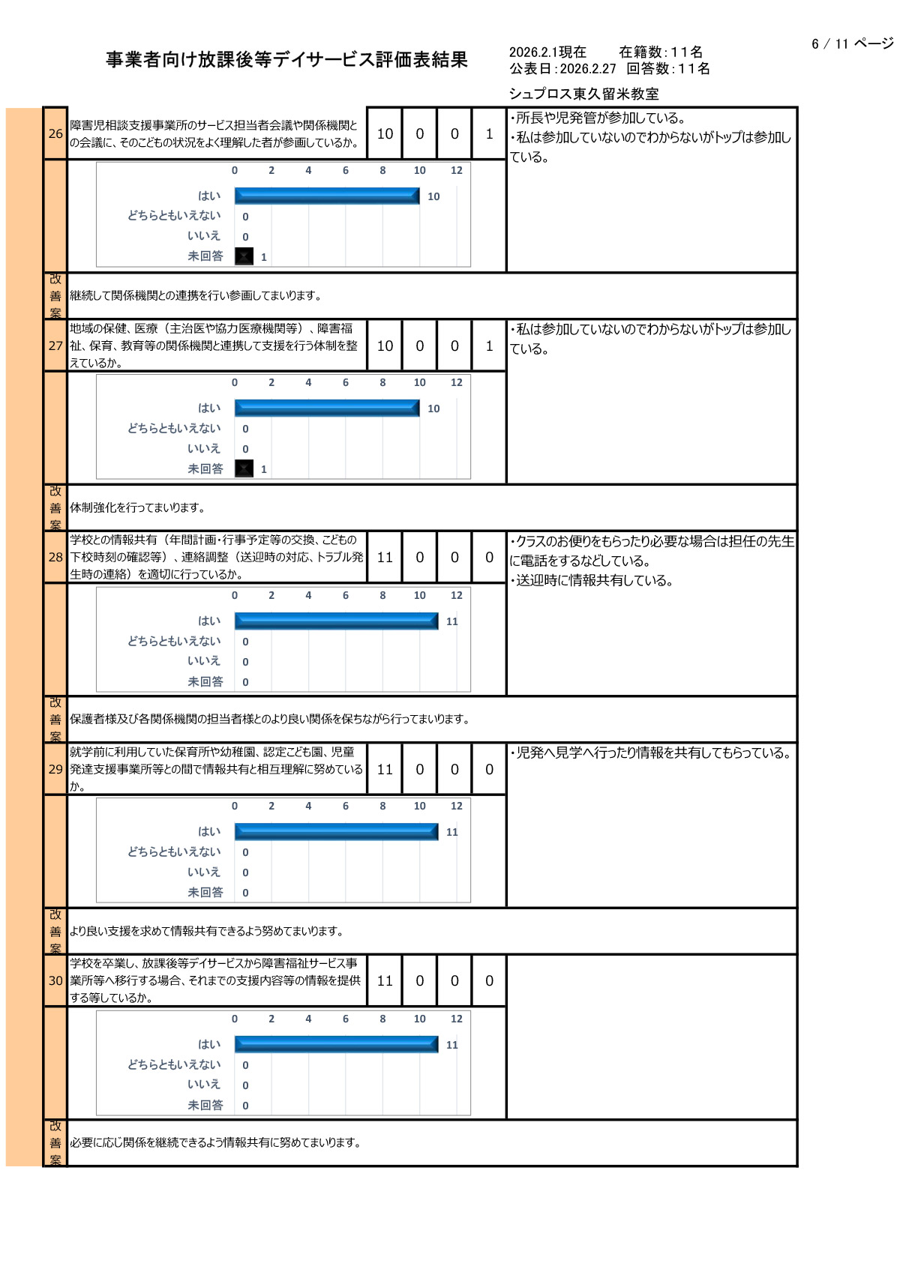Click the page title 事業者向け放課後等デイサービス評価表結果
coord(286,60)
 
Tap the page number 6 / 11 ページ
coord(852,44)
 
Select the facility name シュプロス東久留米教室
coord(583,94)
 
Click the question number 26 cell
coord(55,133)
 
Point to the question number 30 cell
coord(55,980)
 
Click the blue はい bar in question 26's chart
coord(327,196)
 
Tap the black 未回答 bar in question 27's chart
coord(244,468)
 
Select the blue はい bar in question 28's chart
coord(336,621)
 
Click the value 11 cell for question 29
coord(385,769)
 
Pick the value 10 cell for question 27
coord(385,346)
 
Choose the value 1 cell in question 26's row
coord(489,133)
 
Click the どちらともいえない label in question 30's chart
coord(174,1064)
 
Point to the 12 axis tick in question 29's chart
coord(456,806)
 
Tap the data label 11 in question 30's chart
coord(451,1045)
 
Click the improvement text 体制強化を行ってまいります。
coord(138,507)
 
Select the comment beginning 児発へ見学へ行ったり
coord(651,753)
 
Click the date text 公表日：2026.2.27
coord(562,69)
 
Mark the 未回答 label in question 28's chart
coord(205,681)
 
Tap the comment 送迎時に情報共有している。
coord(592,580)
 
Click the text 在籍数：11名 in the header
coord(661,52)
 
